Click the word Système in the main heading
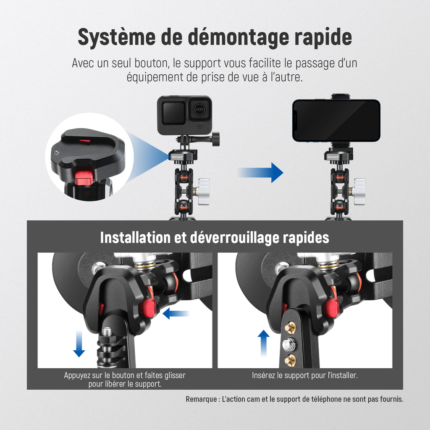tap(117, 37)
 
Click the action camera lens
tap(199, 110)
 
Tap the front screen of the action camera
tap(173, 113)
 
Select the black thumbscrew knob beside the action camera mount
tap(215, 139)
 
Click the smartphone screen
tap(336, 121)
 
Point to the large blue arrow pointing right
tap(260, 173)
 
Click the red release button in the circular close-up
tap(84, 177)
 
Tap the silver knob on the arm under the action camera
tap(203, 191)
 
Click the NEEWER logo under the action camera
tap(177, 157)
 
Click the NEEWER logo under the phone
tap(333, 157)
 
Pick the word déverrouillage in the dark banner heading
tap(235, 238)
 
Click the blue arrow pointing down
tap(79, 343)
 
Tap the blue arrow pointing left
tap(176, 313)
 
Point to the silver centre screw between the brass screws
tap(289, 344)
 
